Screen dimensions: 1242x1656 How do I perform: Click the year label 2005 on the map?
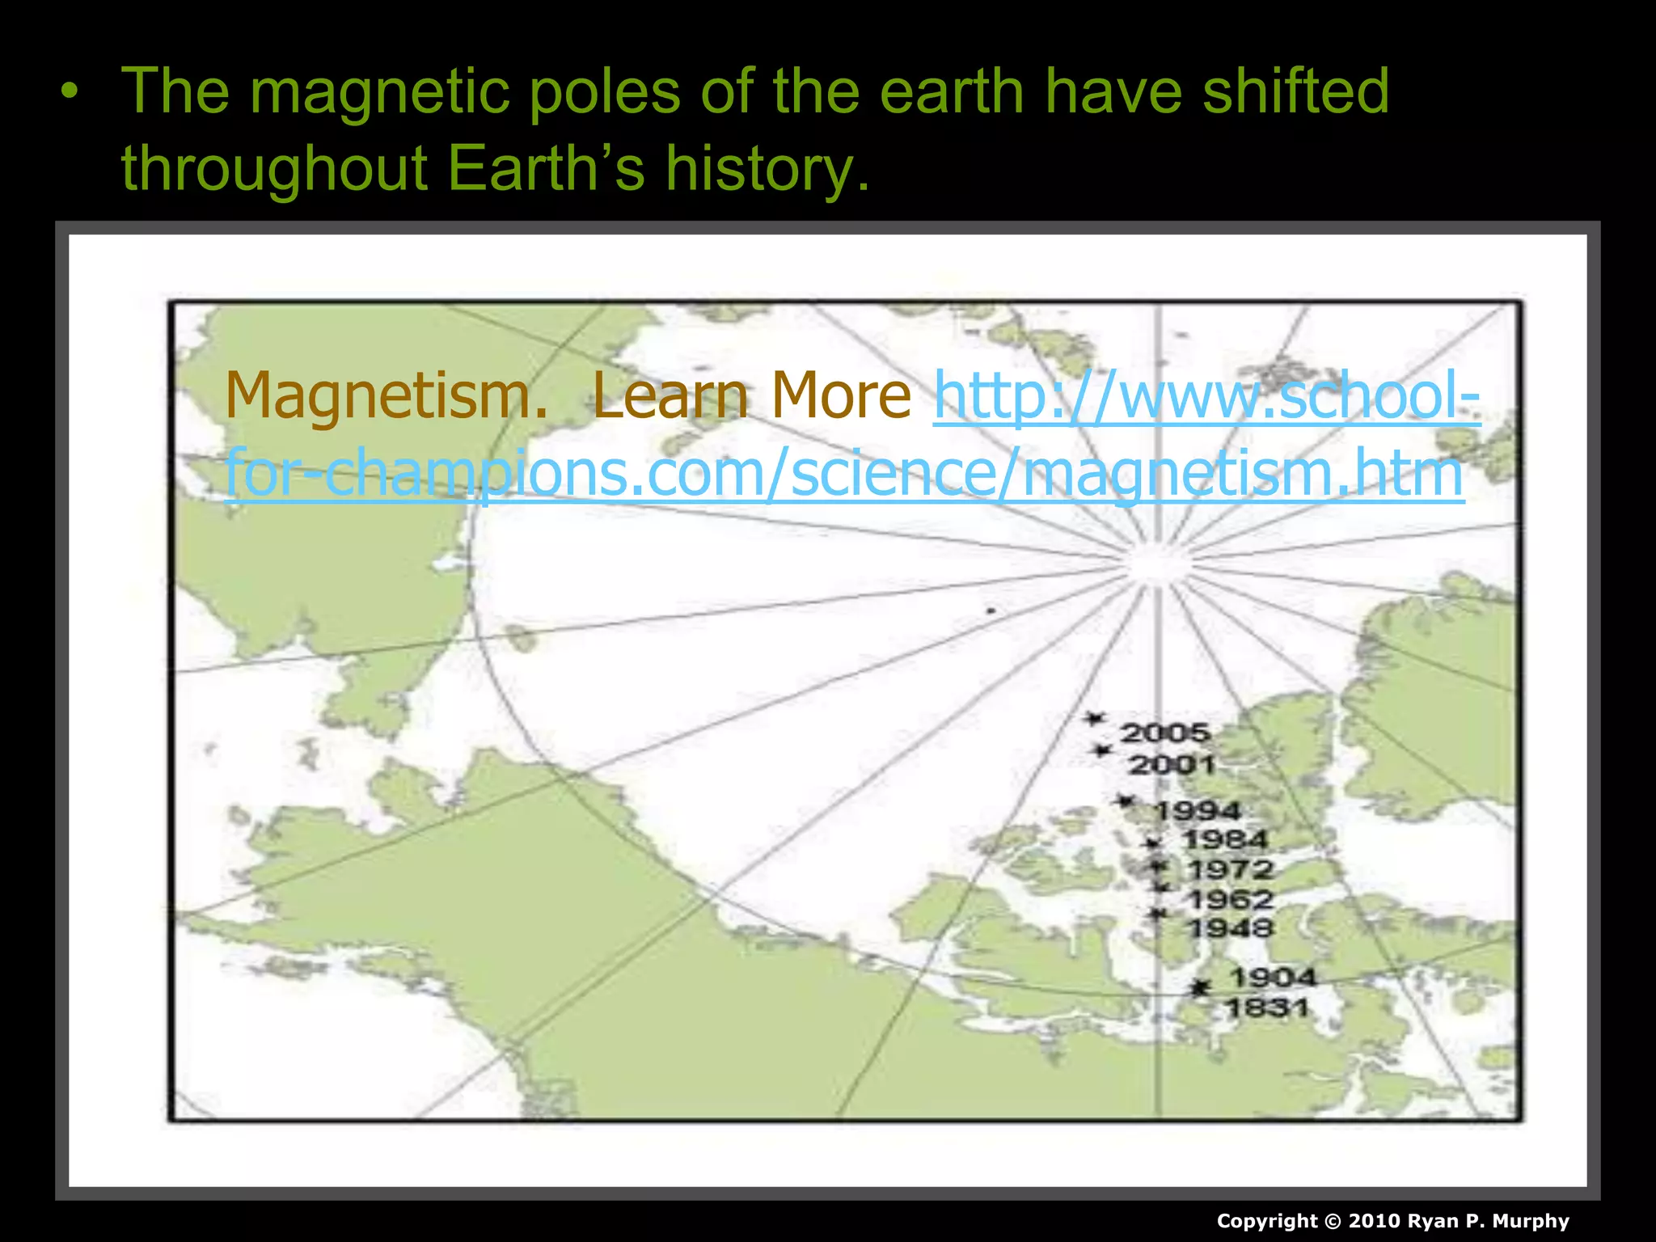1165,733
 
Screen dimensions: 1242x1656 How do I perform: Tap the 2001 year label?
1172,764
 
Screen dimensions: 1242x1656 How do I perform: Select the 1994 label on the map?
1198,810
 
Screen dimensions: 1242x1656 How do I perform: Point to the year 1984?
1225,839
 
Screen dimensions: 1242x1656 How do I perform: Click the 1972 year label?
1231,870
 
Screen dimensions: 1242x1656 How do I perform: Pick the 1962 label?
1231,899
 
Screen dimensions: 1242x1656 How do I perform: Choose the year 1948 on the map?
1231,928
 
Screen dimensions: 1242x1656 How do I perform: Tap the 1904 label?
1273,978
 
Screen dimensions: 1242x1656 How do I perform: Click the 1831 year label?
1267,1008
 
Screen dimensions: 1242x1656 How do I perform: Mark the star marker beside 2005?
1095,718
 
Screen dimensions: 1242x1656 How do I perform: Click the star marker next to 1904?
1202,987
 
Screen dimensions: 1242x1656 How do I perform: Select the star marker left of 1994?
1125,801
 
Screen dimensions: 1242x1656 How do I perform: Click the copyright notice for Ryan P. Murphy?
1392,1221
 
